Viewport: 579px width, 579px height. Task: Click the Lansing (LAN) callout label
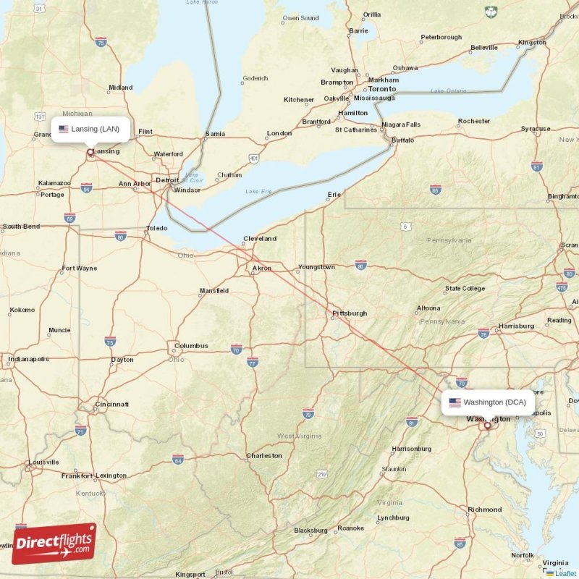tap(90, 129)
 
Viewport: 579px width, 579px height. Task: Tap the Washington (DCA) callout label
tap(488, 402)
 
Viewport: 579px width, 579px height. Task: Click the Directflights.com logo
tap(54, 544)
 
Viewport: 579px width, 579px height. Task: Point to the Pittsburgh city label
tap(350, 313)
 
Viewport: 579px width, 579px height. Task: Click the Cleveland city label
tap(260, 238)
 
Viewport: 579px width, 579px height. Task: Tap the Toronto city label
tap(381, 89)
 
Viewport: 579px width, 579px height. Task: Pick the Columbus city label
tap(191, 346)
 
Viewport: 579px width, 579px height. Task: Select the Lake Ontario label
tap(449, 91)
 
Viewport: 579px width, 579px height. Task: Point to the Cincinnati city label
tap(112, 404)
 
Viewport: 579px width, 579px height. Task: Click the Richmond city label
tap(484, 510)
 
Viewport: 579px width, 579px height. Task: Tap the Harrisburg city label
tap(515, 326)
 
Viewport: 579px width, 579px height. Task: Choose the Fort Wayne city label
tap(79, 269)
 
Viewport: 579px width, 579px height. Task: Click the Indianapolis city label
tap(28, 359)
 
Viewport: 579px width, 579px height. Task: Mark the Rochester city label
tap(474, 121)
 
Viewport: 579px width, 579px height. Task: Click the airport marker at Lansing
tap(90, 153)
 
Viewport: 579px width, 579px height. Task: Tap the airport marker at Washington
tap(487, 426)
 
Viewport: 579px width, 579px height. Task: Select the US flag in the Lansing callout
tap(64, 129)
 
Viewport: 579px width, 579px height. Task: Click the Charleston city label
tap(264, 456)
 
